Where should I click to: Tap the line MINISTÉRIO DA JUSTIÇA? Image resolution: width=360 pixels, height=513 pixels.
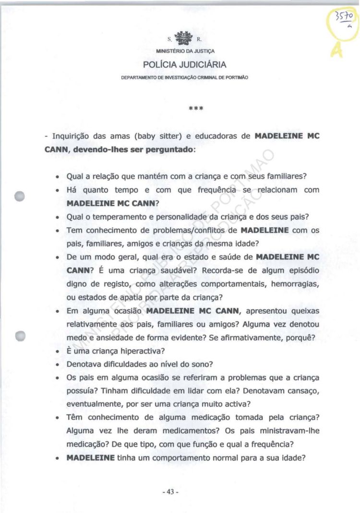[x=185, y=51]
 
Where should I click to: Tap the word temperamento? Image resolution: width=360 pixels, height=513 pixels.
[x=114, y=217]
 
